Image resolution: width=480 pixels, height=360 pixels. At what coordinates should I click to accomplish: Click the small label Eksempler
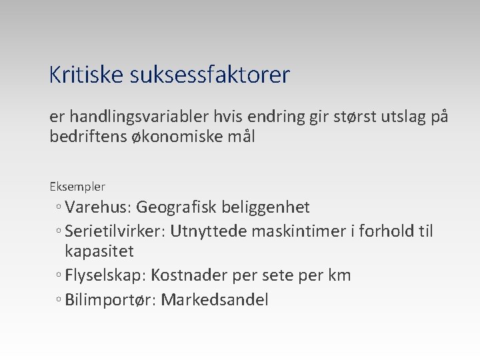[x=77, y=187]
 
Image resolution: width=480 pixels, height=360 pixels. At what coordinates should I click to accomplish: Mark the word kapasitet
[x=99, y=251]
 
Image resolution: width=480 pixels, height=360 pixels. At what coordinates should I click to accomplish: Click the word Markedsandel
[x=215, y=300]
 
